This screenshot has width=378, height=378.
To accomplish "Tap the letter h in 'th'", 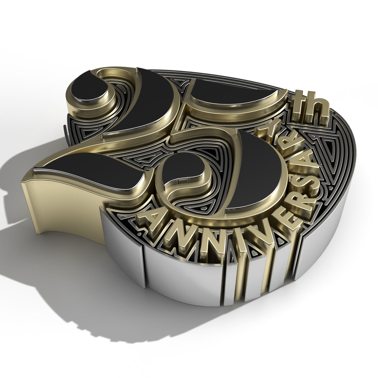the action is click(318, 110).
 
